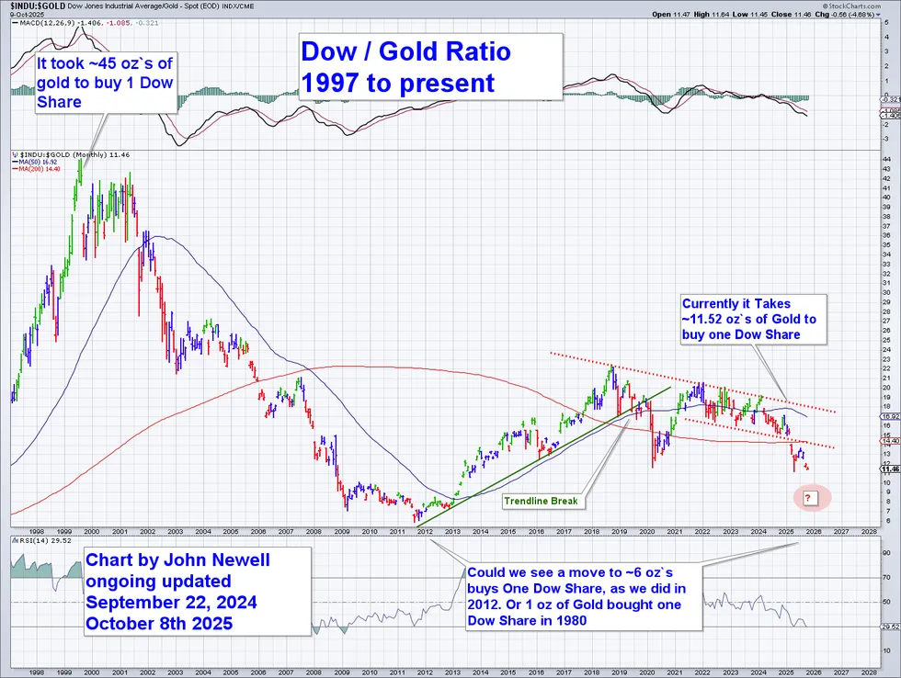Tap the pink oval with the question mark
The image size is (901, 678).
[809, 498]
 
